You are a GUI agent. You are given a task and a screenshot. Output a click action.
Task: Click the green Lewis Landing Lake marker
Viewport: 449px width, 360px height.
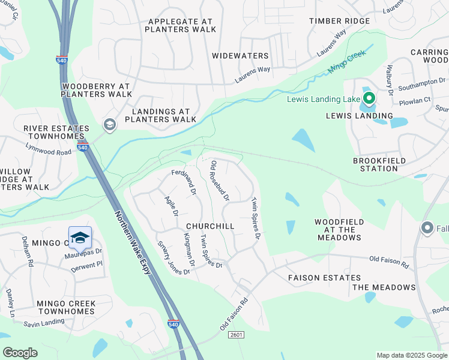369,98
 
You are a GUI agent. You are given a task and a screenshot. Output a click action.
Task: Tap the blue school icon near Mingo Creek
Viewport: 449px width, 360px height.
80,238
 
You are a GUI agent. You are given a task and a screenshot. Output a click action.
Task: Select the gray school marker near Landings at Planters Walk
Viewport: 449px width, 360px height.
109,124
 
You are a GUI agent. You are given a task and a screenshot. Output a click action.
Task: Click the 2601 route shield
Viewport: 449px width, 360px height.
236,335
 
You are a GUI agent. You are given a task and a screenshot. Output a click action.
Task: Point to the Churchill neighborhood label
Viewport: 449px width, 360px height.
209,226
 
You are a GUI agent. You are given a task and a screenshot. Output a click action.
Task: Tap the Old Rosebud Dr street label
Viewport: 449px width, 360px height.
219,180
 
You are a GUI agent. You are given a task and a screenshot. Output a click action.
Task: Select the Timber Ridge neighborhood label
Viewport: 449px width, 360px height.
339,21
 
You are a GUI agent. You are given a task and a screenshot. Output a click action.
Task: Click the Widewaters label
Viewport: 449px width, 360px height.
240,56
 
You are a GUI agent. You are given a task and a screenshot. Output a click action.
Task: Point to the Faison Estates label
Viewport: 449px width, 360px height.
324,278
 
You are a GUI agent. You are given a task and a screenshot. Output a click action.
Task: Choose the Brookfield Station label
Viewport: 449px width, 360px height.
379,165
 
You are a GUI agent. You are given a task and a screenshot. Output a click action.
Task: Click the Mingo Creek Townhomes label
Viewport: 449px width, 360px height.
65,308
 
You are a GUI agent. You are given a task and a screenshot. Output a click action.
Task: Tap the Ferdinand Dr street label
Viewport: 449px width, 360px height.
184,182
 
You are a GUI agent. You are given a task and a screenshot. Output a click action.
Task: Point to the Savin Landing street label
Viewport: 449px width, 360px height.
44,323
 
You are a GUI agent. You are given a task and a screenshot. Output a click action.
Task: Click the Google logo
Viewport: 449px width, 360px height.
20,353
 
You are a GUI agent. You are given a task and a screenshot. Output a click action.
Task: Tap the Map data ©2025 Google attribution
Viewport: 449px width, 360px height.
411,355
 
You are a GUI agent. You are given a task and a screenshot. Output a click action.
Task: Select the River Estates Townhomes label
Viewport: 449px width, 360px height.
56,133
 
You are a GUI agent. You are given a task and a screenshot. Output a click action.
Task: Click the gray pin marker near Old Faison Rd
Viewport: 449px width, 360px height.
427,227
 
